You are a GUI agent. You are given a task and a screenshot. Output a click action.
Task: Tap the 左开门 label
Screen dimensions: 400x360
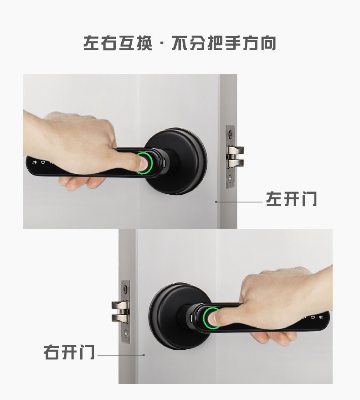pyautogui.click(x=292, y=199)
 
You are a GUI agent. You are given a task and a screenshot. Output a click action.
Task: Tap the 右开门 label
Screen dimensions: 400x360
pyautogui.click(x=69, y=353)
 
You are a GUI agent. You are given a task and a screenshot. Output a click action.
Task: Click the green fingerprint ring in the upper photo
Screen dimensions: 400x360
pyautogui.click(x=144, y=163)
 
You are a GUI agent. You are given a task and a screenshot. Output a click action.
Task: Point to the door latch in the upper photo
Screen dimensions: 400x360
pyautogui.click(x=236, y=156)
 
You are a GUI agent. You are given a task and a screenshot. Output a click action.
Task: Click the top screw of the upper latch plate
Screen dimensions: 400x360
pyautogui.click(x=231, y=134)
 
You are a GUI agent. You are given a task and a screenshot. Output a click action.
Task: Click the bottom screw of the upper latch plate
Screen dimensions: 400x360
pyautogui.click(x=231, y=179)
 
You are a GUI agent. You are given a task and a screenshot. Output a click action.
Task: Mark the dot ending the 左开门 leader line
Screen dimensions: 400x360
pyautogui.click(x=216, y=201)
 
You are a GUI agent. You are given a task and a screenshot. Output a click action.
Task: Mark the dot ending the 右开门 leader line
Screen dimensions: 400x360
pyautogui.click(x=144, y=354)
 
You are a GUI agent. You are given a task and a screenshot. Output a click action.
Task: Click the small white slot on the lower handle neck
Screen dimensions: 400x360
pyautogui.click(x=192, y=316)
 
